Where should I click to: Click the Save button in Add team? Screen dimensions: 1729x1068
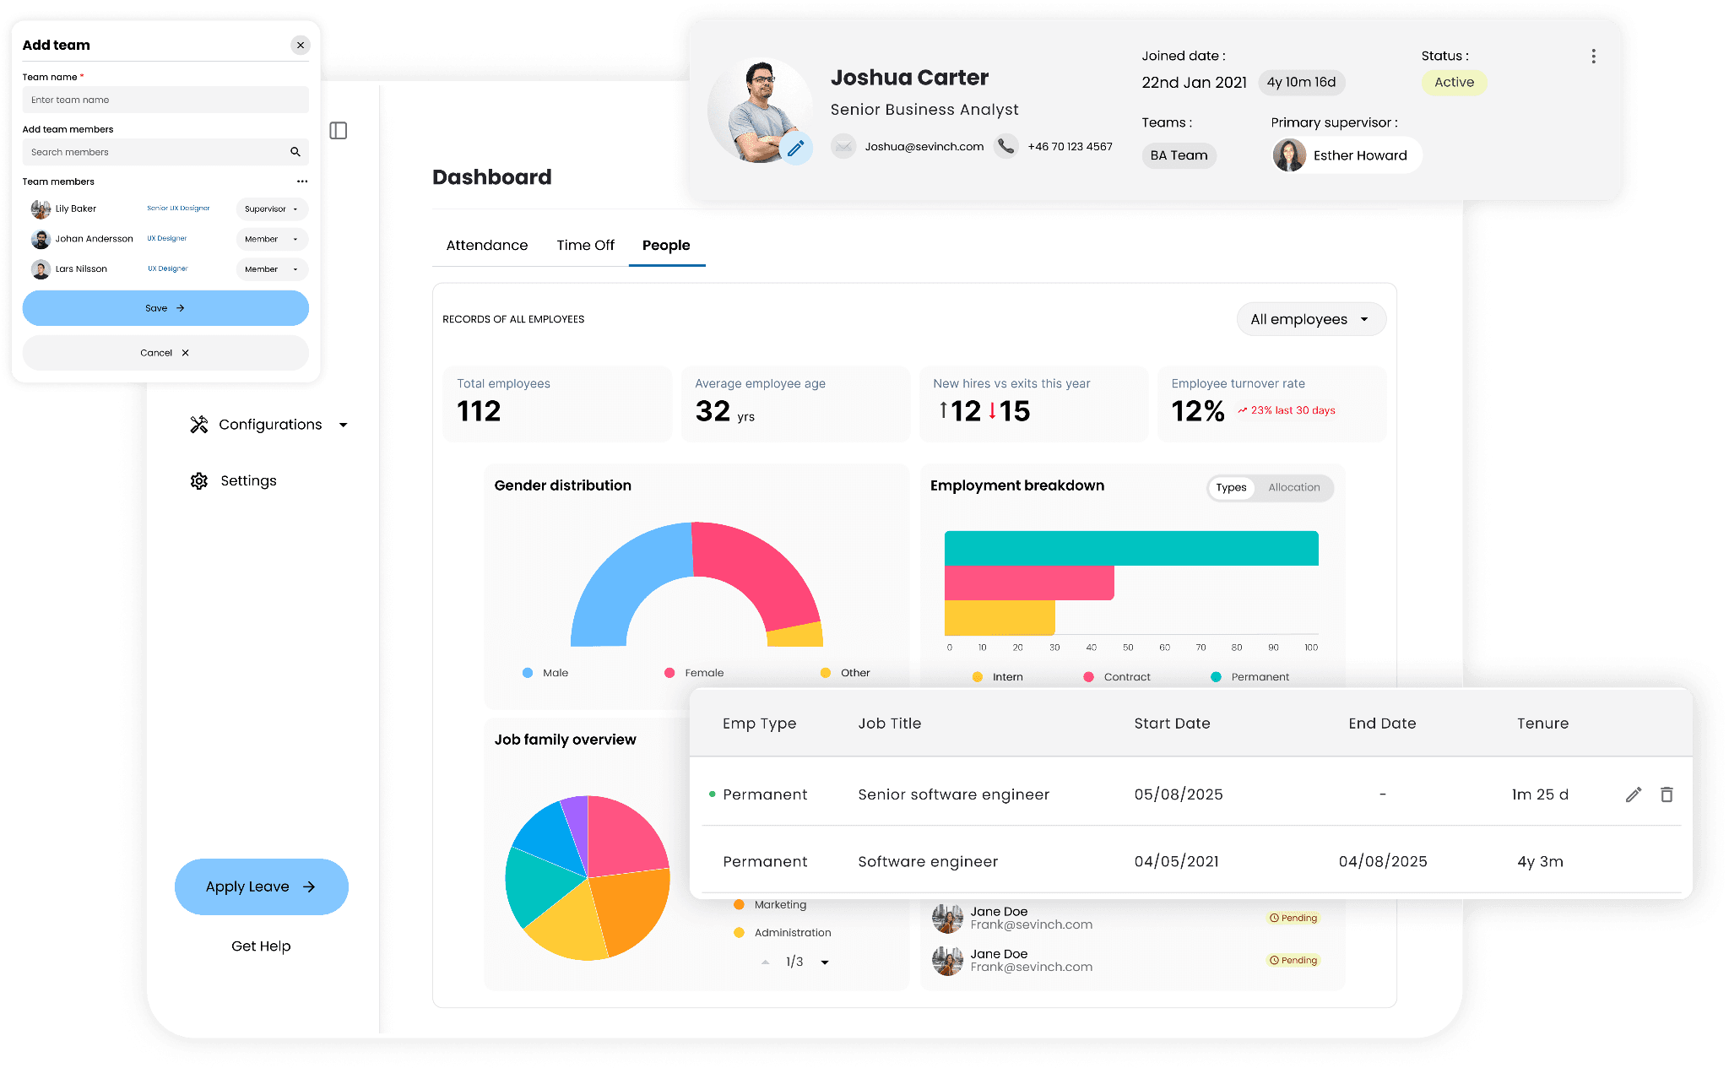(165, 308)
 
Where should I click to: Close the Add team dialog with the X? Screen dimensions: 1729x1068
(301, 46)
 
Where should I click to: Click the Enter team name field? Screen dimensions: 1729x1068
(165, 100)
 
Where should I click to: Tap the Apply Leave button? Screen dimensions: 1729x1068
(262, 886)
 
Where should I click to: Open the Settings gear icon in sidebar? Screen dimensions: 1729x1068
(199, 481)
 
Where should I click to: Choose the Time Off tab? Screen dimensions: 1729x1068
(585, 246)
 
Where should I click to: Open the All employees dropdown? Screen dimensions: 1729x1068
(1311, 319)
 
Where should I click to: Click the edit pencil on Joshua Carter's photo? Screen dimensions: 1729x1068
(795, 149)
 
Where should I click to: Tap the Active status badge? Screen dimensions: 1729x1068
(1454, 83)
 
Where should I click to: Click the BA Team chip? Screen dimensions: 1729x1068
(1179, 155)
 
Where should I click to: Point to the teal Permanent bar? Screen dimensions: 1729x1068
(1131, 548)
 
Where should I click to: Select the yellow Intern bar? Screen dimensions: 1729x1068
(1000, 617)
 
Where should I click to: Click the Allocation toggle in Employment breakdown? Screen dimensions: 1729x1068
(1293, 488)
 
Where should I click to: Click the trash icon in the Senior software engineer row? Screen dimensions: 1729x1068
(1667, 794)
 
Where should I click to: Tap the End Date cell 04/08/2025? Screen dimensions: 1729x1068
(1383, 862)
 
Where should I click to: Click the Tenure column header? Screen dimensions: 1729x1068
(1542, 724)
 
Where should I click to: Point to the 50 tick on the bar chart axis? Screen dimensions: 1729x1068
(1128, 648)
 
